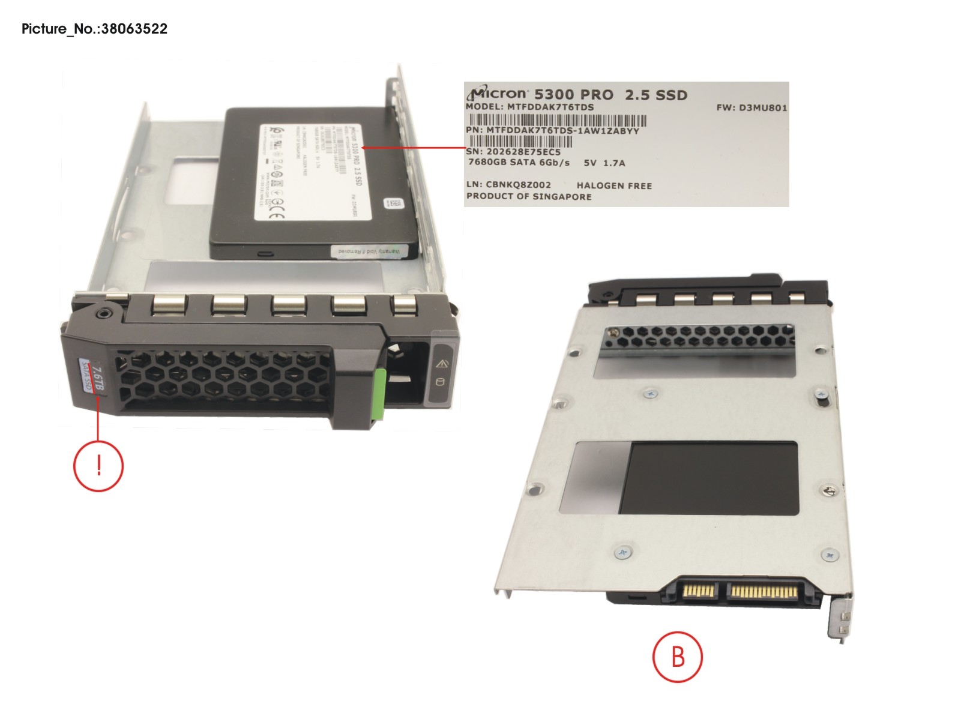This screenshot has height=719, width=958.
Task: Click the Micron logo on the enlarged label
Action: point(498,94)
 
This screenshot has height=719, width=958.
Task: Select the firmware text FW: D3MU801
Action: point(752,108)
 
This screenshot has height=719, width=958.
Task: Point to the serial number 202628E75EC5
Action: point(523,152)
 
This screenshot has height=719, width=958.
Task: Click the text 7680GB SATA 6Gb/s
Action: point(519,163)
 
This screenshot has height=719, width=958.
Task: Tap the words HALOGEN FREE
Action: point(614,186)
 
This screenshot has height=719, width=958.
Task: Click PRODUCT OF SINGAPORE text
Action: point(529,197)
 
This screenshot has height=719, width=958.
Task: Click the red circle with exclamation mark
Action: point(98,466)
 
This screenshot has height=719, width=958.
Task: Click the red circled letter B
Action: point(677,657)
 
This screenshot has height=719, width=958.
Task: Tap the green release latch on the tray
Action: point(378,395)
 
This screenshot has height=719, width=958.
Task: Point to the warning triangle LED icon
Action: point(442,363)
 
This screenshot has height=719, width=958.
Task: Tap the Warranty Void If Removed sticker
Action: point(369,251)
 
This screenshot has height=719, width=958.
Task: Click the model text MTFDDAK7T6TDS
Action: point(550,107)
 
